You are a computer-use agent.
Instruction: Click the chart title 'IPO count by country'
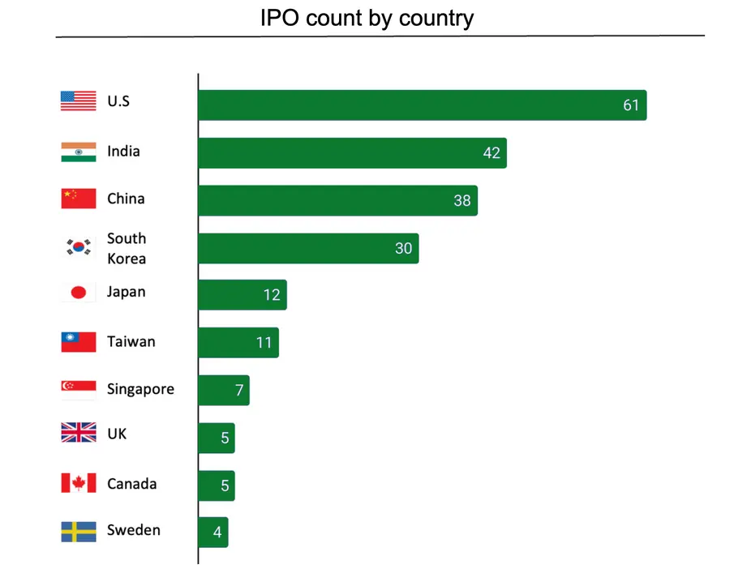point(367,18)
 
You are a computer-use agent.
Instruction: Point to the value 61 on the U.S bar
point(631,105)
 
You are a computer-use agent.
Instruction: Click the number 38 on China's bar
point(461,201)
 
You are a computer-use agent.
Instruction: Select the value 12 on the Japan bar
point(272,295)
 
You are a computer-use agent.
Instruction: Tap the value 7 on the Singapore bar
point(239,391)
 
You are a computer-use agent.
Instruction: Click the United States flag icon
point(79,102)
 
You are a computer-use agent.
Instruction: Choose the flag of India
point(79,152)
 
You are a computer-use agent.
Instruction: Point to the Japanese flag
point(79,293)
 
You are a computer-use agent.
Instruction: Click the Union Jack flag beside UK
point(79,434)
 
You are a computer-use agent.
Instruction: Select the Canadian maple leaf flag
point(79,484)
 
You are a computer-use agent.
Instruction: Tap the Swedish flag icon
point(79,531)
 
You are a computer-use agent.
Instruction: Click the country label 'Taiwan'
point(131,341)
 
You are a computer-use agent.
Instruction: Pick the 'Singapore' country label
point(140,390)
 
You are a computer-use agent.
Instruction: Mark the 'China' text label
point(126,199)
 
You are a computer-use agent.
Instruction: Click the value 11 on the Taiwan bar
point(264,343)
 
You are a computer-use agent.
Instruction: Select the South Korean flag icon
point(79,248)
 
